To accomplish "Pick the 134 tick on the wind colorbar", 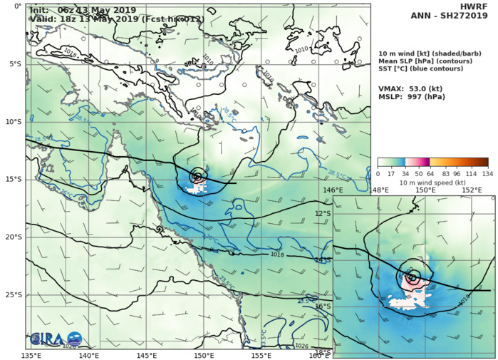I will click(488, 173).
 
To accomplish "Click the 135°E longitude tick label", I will click(31, 354).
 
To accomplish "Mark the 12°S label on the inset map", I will click(323, 214).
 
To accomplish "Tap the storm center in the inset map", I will click(412, 277).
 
